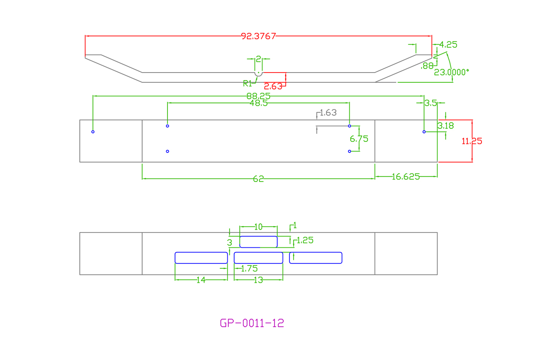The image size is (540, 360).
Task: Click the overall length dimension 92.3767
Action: pyautogui.click(x=259, y=36)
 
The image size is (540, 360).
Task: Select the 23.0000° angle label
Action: pyautogui.click(x=451, y=72)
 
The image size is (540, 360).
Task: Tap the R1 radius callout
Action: pyautogui.click(x=248, y=83)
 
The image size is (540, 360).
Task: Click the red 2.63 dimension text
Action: pyautogui.click(x=276, y=87)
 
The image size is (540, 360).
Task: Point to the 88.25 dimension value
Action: pyautogui.click(x=259, y=96)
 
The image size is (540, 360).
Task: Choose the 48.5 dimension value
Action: pyautogui.click(x=259, y=103)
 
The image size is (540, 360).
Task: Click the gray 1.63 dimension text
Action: pyautogui.click(x=328, y=113)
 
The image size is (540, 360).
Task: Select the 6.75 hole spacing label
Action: pyautogui.click(x=359, y=138)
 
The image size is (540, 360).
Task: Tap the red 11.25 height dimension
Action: pyautogui.click(x=472, y=141)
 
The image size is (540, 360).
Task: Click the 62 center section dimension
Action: pyautogui.click(x=259, y=179)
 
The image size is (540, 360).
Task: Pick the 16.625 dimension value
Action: pyautogui.click(x=406, y=177)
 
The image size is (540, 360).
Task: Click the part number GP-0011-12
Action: pyautogui.click(x=252, y=323)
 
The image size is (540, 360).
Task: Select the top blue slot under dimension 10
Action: pyautogui.click(x=259, y=242)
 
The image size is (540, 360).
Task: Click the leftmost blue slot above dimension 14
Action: pyautogui.click(x=201, y=257)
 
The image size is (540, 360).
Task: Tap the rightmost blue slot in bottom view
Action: pyautogui.click(x=316, y=257)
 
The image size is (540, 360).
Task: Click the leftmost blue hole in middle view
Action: pyautogui.click(x=93, y=132)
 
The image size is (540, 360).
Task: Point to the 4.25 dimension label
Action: pyautogui.click(x=448, y=45)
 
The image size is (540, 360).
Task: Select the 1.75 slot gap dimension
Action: pyautogui.click(x=249, y=268)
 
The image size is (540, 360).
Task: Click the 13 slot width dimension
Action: pyautogui.click(x=259, y=280)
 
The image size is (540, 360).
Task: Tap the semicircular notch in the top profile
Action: pyautogui.click(x=258, y=74)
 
